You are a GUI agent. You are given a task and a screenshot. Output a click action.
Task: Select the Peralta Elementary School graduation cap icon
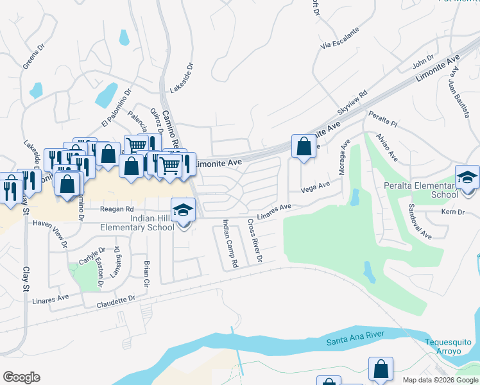467,176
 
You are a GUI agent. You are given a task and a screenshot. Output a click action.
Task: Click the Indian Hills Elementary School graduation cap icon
183,210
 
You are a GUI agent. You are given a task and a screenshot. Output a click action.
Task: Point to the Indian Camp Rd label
229,243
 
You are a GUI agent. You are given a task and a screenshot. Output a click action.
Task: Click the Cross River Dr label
255,241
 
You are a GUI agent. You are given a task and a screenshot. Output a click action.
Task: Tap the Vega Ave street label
314,187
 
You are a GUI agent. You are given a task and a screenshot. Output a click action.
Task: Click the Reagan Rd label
116,209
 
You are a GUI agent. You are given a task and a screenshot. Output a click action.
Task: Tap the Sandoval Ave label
420,221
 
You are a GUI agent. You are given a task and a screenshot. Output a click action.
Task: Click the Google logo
21,377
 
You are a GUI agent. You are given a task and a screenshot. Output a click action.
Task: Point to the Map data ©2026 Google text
440,380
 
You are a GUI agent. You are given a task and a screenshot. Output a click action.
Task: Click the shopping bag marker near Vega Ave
304,146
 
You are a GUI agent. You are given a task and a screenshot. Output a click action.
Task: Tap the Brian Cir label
146,273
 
